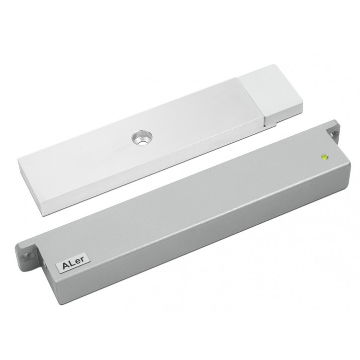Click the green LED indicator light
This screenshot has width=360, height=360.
[325, 157]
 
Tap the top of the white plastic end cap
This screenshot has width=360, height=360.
[269, 90]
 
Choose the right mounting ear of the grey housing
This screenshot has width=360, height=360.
[333, 132]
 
